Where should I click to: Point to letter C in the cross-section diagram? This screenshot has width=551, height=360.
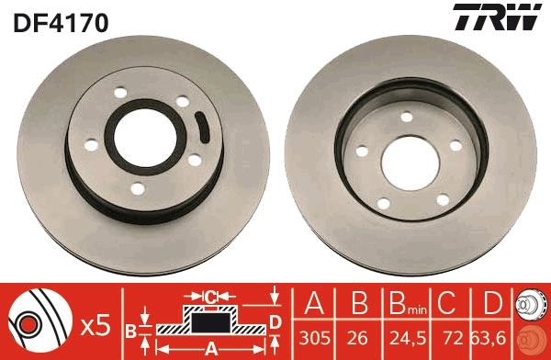pyautogui.click(x=210, y=297)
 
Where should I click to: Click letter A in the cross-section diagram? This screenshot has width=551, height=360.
pyautogui.click(x=210, y=348)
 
